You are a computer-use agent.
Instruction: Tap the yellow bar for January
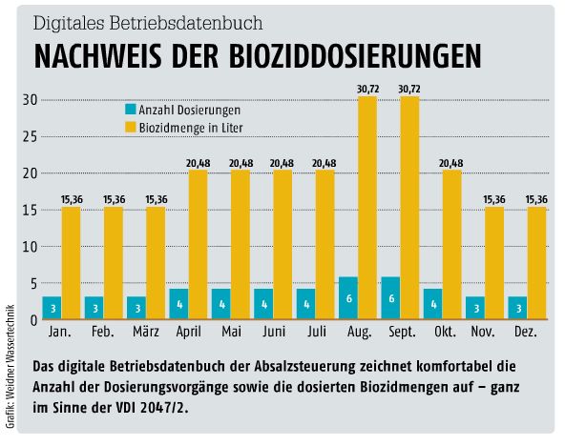pos(71,263)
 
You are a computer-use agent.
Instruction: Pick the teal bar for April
pos(178,304)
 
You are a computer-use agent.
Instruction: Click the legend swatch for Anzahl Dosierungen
pos(133,110)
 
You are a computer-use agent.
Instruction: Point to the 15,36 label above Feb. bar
pos(114,199)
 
